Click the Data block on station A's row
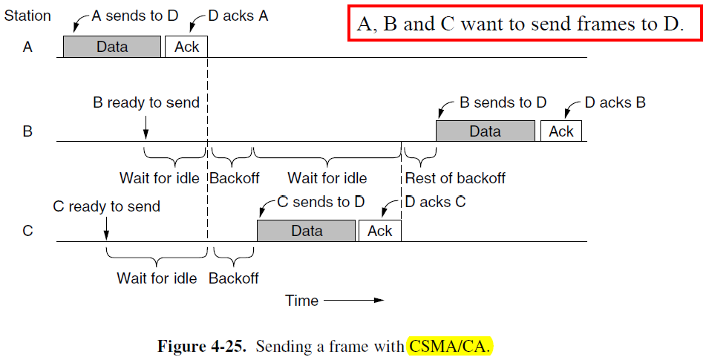click(111, 47)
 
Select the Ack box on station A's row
click(186, 47)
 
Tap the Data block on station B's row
click(485, 131)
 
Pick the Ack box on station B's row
click(561, 131)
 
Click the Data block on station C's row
click(307, 231)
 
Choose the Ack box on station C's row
click(379, 231)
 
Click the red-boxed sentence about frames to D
click(519, 24)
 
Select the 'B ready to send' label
click(146, 102)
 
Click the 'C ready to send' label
click(106, 206)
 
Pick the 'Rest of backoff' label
click(455, 178)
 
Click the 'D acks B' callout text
click(615, 102)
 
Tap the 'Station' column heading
click(28, 15)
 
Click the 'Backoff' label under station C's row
click(233, 278)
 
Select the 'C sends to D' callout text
click(321, 202)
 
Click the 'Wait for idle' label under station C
click(157, 278)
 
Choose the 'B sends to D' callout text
click(503, 102)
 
